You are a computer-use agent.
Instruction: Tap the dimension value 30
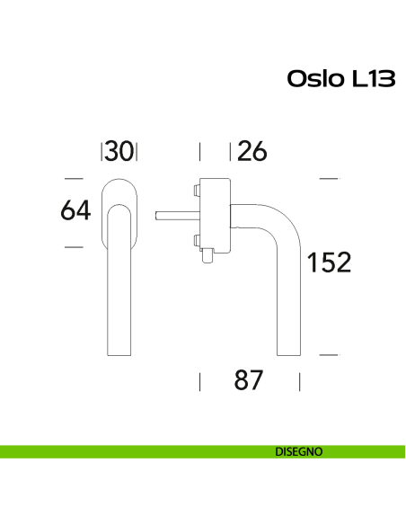pos(119,151)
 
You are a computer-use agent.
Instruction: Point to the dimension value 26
pos(252,151)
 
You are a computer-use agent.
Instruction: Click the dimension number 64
pos(76,211)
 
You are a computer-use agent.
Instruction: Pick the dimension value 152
pos(328,262)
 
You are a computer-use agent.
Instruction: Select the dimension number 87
pos(248,380)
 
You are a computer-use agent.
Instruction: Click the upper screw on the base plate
pos(195,191)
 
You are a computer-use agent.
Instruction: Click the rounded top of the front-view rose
pos(119,183)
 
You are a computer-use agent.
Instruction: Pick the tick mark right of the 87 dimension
pos(298,381)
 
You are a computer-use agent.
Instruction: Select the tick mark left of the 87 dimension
pos(199,381)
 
